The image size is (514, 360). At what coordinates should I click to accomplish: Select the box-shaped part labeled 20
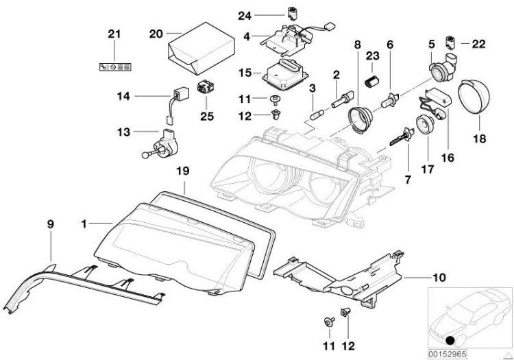pos(191,49)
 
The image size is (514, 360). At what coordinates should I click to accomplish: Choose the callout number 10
pos(418,278)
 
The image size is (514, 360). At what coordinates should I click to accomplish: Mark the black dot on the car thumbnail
pos(448,341)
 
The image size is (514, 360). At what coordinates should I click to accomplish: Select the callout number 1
pos(84,224)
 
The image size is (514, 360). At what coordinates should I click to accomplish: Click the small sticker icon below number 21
pos(115,67)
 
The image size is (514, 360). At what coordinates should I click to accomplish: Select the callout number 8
pos(356,45)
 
